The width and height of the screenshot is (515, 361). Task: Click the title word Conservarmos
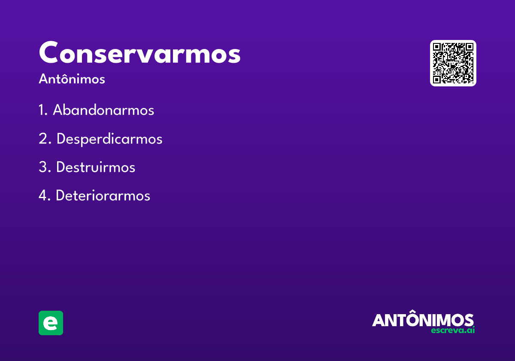click(139, 53)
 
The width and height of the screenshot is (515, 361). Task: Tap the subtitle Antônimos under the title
click(72, 79)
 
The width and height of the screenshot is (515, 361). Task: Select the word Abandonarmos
click(103, 110)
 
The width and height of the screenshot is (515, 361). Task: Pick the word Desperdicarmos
click(109, 139)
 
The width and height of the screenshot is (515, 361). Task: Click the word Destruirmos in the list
click(95, 167)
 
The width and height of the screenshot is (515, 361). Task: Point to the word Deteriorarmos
click(103, 196)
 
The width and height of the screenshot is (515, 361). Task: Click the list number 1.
click(42, 110)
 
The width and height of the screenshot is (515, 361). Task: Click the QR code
click(453, 63)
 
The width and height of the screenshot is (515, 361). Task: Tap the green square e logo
click(51, 323)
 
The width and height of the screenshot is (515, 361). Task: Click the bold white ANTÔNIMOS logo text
click(423, 320)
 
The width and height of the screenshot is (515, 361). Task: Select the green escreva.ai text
click(453, 330)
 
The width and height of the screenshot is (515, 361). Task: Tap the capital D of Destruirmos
click(61, 167)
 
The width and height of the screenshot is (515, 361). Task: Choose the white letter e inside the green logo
click(51, 323)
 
